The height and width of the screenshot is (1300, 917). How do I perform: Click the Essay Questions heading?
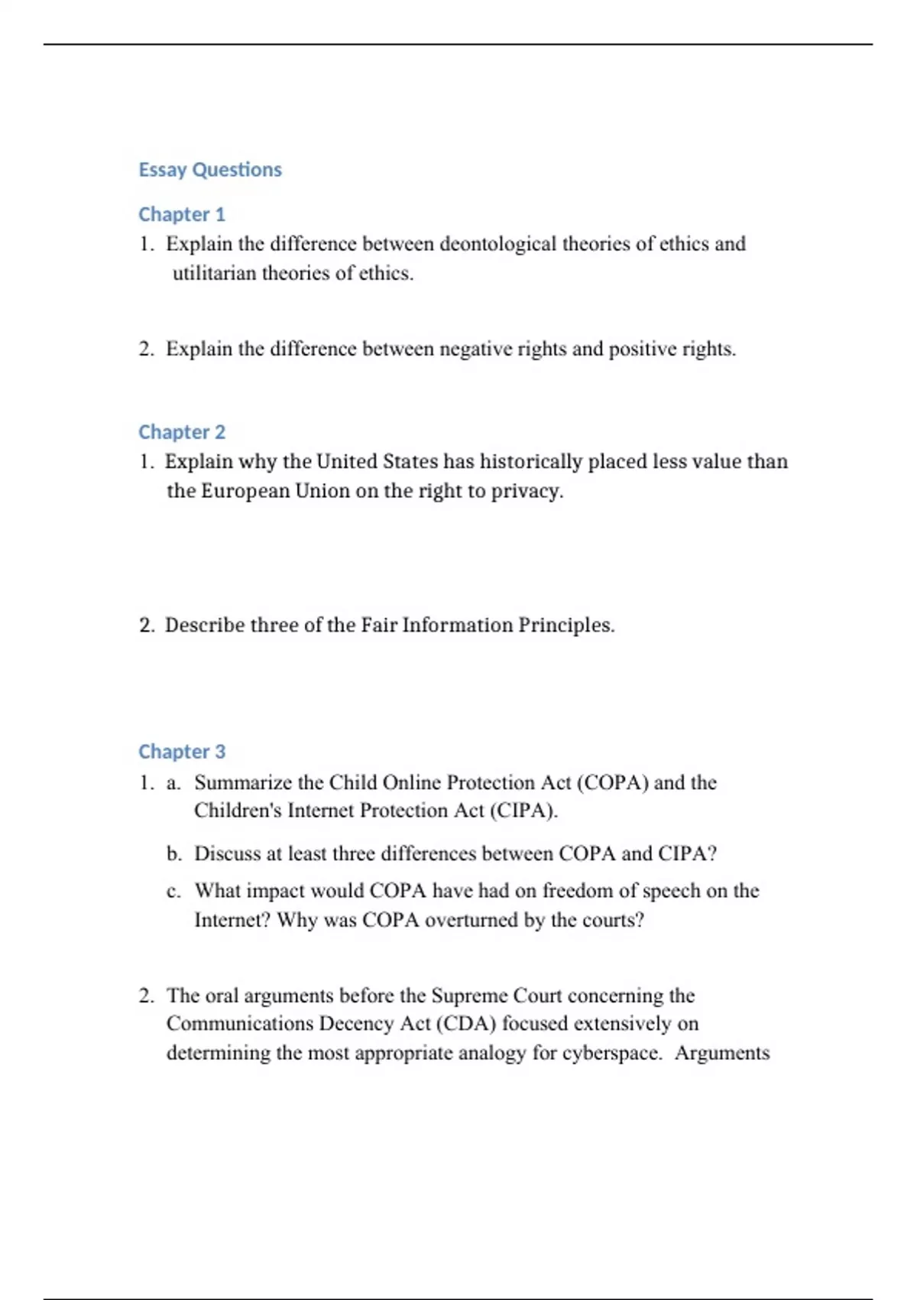coord(210,169)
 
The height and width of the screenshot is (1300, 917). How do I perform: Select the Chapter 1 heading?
coord(182,214)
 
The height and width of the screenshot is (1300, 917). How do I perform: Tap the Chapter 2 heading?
coord(182,432)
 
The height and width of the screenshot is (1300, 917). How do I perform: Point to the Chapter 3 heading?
coord(182,752)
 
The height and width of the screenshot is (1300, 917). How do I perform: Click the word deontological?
coord(497,244)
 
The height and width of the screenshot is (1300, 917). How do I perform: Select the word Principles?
coord(565,625)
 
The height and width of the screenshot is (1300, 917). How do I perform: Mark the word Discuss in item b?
coord(227,853)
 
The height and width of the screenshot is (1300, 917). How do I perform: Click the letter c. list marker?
coord(173,891)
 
